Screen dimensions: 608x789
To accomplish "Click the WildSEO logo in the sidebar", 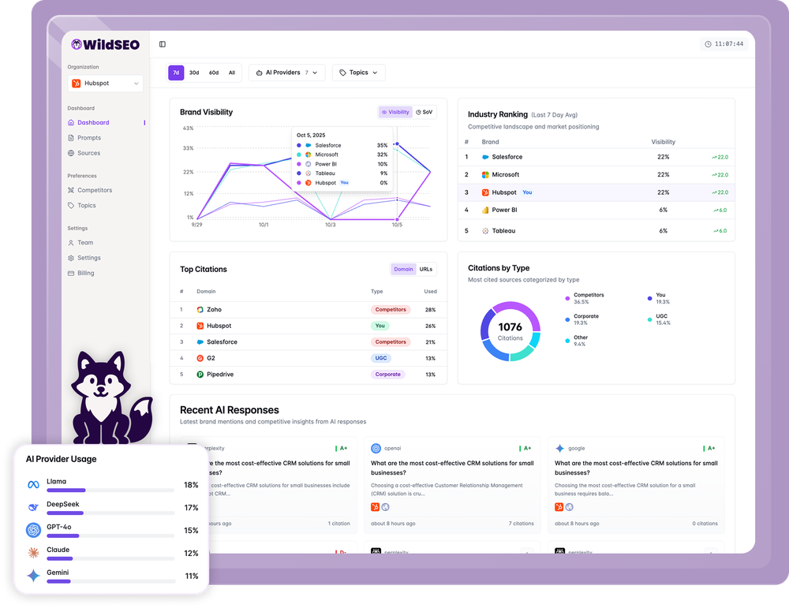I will pos(105,45).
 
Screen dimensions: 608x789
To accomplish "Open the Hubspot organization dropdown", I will pos(105,83).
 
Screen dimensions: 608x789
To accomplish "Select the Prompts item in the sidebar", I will pos(88,138).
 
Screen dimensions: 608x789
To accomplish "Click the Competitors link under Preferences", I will pos(94,190).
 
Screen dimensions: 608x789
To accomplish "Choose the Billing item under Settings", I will pos(85,273).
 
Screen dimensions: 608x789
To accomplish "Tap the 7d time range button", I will pos(176,73).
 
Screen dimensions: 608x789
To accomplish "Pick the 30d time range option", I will pos(194,73).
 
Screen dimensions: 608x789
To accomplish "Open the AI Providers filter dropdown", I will pos(287,73).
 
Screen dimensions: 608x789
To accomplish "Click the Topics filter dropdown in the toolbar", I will pos(358,73).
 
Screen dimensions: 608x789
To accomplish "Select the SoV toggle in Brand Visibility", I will pos(424,112).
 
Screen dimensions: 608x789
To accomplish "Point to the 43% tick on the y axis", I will pos(188,128).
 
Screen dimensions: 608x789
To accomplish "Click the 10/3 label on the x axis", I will pos(331,225).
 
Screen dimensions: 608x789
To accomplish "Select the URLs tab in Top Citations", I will pos(425,269).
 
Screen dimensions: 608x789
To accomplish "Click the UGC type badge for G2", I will pos(381,358).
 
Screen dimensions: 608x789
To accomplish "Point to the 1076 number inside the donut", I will pos(510,326).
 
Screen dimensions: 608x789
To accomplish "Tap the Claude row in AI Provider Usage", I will pos(110,554).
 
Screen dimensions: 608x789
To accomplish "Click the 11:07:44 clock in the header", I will pos(724,44).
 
